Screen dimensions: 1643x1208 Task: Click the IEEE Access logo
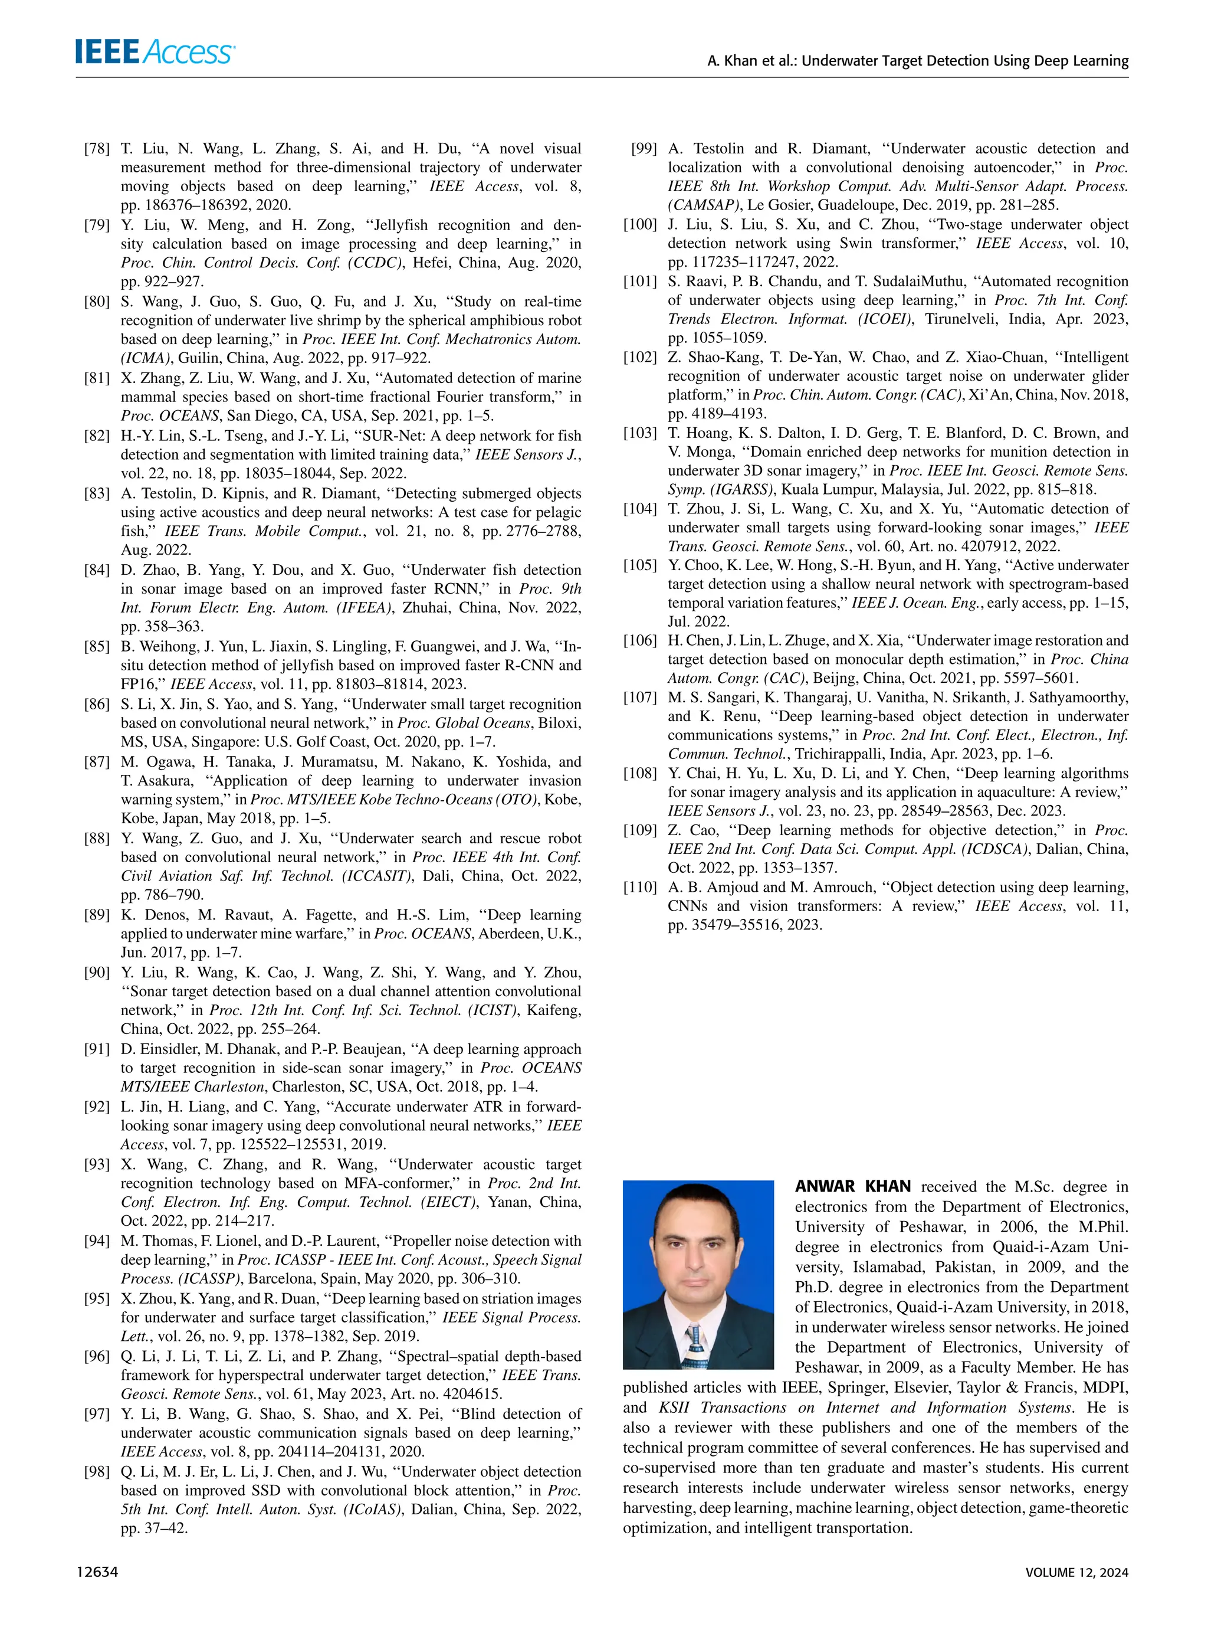coord(155,52)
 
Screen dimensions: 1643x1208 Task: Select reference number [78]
coord(97,149)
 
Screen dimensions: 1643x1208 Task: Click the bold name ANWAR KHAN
coord(853,1187)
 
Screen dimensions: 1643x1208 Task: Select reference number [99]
coord(643,149)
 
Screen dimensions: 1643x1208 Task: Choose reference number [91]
coord(97,1049)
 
